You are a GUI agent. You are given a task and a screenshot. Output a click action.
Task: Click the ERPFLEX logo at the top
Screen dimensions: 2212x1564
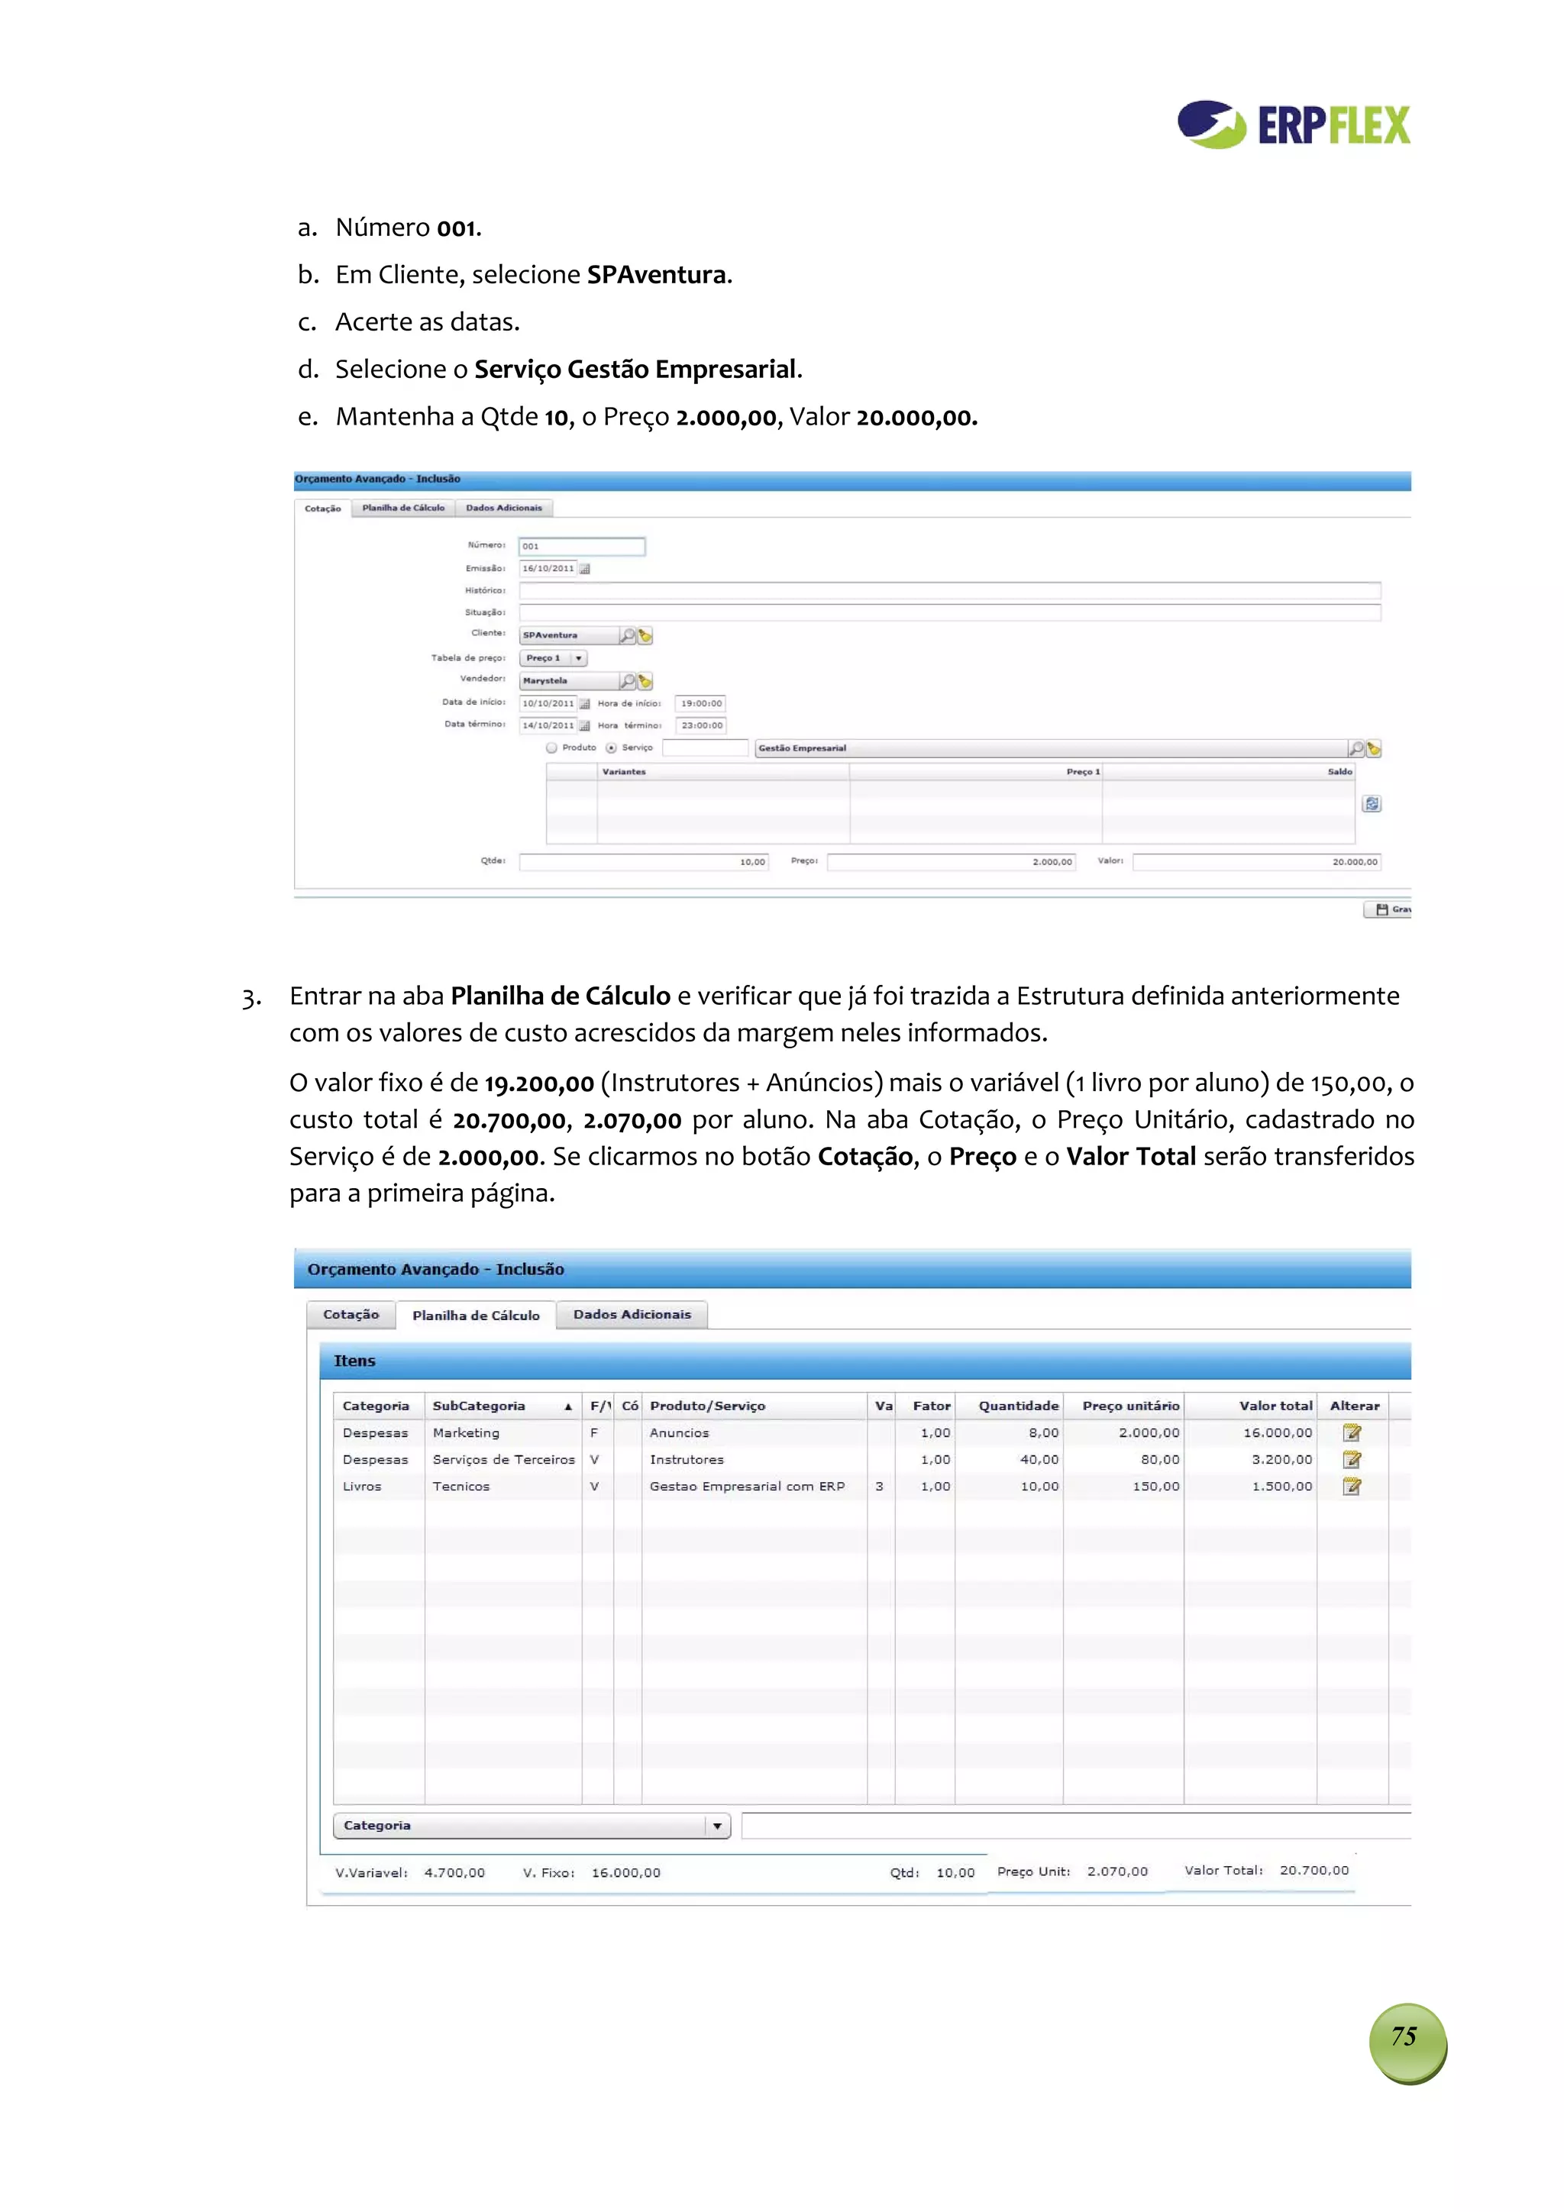1293,124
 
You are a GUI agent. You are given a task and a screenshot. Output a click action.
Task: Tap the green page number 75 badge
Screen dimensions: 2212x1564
1406,2036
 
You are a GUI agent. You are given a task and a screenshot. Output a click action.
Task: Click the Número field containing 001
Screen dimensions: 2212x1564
581,546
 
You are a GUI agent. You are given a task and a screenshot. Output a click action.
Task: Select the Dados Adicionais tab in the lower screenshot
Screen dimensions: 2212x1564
632,1314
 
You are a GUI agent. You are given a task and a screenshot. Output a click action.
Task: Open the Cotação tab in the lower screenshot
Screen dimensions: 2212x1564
351,1314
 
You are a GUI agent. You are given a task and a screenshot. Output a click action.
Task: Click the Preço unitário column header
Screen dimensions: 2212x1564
1129,1406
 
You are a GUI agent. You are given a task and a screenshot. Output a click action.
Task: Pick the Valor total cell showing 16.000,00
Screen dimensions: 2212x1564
1277,1432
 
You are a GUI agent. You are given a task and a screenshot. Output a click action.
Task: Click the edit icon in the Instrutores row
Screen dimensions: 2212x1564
1351,1460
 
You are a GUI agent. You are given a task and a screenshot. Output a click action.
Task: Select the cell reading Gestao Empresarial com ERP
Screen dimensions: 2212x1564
747,1487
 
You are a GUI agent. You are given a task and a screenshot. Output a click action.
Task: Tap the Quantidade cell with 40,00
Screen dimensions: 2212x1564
1038,1460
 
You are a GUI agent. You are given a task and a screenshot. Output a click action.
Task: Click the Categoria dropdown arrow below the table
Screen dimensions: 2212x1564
717,1826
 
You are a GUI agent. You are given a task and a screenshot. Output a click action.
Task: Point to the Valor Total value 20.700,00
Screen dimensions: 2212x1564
1314,1870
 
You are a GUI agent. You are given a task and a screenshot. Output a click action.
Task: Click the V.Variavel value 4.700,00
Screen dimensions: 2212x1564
454,1873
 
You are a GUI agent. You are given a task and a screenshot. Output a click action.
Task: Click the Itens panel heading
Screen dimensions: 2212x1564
354,1361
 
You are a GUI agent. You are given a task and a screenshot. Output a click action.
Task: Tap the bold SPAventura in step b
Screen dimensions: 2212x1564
655,275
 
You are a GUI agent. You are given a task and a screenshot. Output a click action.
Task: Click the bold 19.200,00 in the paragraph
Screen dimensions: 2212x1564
538,1083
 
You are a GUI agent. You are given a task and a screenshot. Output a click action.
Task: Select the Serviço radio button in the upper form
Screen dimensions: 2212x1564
611,748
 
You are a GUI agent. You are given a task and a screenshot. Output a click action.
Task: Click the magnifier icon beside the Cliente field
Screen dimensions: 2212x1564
627,636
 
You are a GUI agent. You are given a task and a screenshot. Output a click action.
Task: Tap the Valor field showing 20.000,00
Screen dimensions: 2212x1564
1255,861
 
